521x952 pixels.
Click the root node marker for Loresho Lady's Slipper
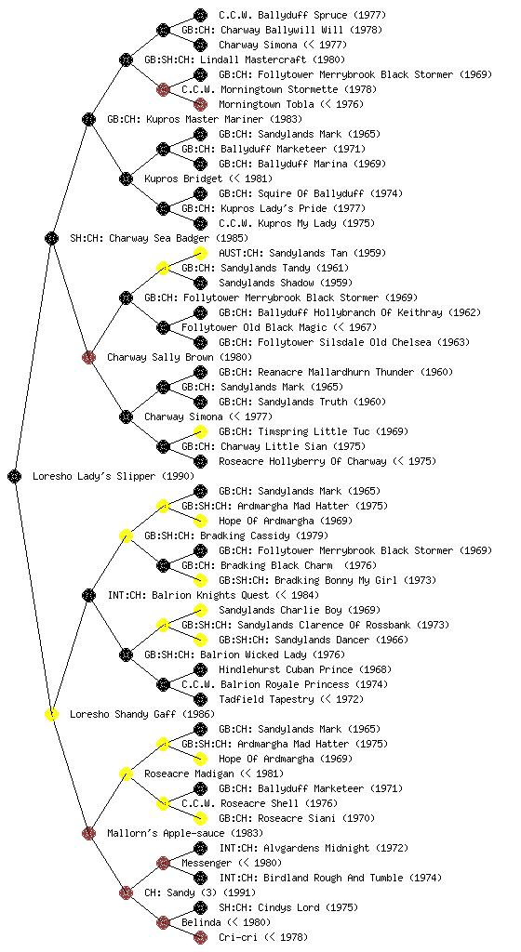coord(15,476)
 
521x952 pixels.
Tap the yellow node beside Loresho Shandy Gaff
coord(51,714)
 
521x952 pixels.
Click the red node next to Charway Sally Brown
coord(88,357)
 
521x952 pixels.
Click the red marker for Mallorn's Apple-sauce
coord(88,833)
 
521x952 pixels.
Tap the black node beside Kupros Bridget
coord(126,178)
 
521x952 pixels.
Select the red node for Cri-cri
coord(200,937)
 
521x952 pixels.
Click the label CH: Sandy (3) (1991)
coord(200,893)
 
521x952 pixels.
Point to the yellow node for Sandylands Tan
coord(200,253)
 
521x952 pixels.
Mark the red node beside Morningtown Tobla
coord(200,104)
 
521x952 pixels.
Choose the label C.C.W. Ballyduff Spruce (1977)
coord(302,15)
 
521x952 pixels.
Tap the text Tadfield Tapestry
coord(266,699)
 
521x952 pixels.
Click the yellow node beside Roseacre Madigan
coord(126,773)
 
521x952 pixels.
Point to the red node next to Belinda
coord(163,922)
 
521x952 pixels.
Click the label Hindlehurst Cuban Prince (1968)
coord(304,669)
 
